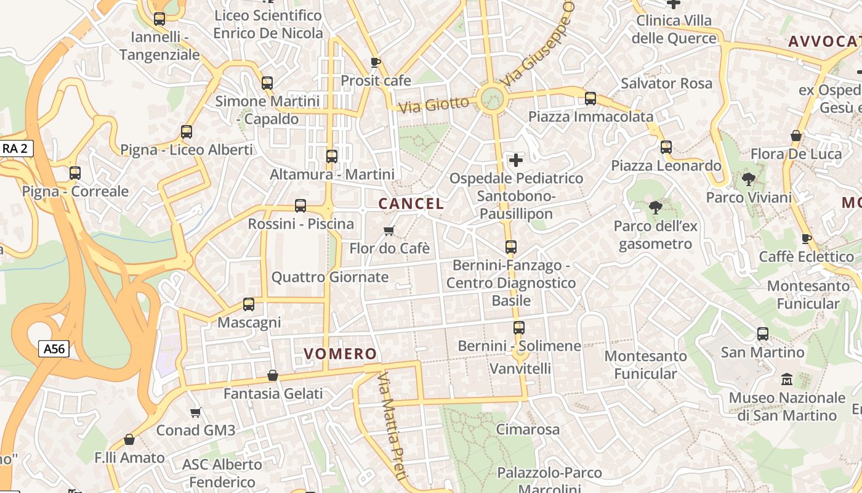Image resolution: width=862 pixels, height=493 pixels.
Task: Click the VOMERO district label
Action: tap(340, 354)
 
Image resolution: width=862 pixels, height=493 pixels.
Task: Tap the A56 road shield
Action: tap(54, 349)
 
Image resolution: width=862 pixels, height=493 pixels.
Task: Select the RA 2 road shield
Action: tap(15, 149)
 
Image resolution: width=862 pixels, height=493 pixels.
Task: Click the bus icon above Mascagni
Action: tap(249, 304)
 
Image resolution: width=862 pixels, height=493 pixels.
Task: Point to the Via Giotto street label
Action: tap(433, 104)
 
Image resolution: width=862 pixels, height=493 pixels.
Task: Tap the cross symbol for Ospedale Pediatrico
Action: tap(516, 161)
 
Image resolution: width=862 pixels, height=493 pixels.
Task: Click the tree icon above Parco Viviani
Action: tap(749, 179)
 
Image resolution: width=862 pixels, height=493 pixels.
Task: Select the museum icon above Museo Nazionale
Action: tap(787, 380)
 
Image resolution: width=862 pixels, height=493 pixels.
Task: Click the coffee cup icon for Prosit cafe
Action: tap(376, 62)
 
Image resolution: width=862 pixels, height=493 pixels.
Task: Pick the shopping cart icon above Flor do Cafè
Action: tap(389, 230)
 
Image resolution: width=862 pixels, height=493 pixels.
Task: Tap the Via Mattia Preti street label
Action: tap(392, 425)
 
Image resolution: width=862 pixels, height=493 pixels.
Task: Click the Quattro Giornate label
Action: tap(330, 277)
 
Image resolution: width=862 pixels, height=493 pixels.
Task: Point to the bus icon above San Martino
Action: tap(763, 334)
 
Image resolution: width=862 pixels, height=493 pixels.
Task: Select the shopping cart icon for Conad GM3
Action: tap(196, 412)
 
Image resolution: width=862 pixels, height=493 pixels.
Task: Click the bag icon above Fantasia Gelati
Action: tap(273, 375)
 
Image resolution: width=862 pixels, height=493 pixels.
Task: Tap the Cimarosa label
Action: tap(528, 430)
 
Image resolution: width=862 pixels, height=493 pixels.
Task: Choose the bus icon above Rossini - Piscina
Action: tap(300, 206)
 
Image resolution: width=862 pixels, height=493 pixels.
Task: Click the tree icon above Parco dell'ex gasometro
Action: tap(656, 208)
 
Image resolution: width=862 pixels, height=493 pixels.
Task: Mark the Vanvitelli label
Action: tap(520, 369)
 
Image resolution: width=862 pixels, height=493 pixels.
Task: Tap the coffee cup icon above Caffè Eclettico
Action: tap(807, 238)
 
